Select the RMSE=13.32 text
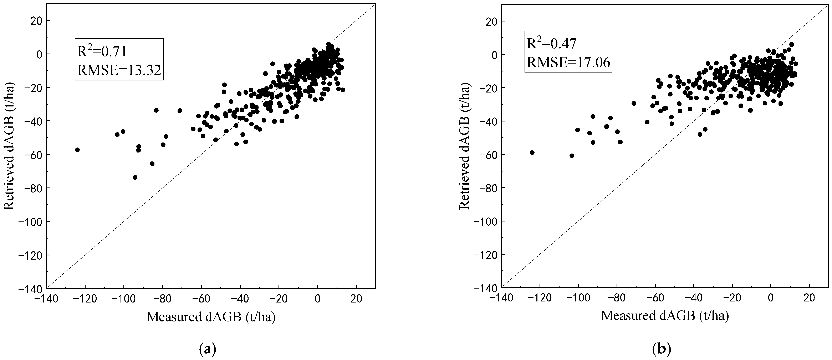119,70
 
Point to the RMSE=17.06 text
568,61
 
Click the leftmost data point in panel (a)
77,150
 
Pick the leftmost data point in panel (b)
532,152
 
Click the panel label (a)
207,349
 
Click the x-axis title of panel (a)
211,317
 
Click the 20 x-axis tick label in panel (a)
356,299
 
